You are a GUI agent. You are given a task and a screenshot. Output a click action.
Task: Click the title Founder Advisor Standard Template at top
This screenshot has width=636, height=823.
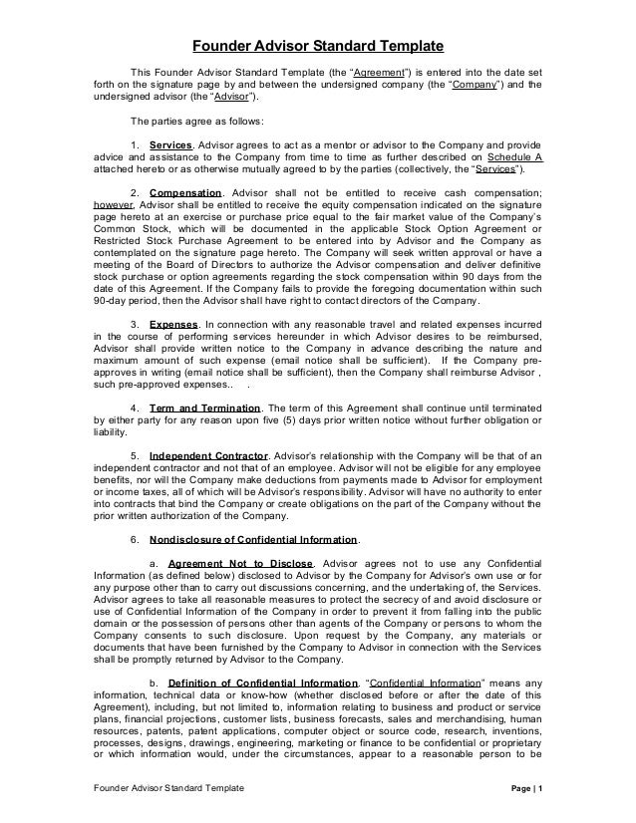point(317,46)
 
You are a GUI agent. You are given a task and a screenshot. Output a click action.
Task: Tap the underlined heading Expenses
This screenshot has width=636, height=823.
point(172,324)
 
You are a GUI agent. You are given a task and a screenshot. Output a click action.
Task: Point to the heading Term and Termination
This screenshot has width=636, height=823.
point(204,408)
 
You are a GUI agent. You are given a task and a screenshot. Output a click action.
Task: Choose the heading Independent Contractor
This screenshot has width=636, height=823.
point(208,455)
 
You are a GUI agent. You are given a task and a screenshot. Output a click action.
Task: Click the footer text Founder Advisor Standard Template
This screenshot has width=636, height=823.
point(155,788)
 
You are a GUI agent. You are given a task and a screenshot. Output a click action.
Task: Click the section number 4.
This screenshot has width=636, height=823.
point(136,408)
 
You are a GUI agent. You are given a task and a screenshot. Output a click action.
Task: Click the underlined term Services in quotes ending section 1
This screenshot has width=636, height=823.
point(492,169)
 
